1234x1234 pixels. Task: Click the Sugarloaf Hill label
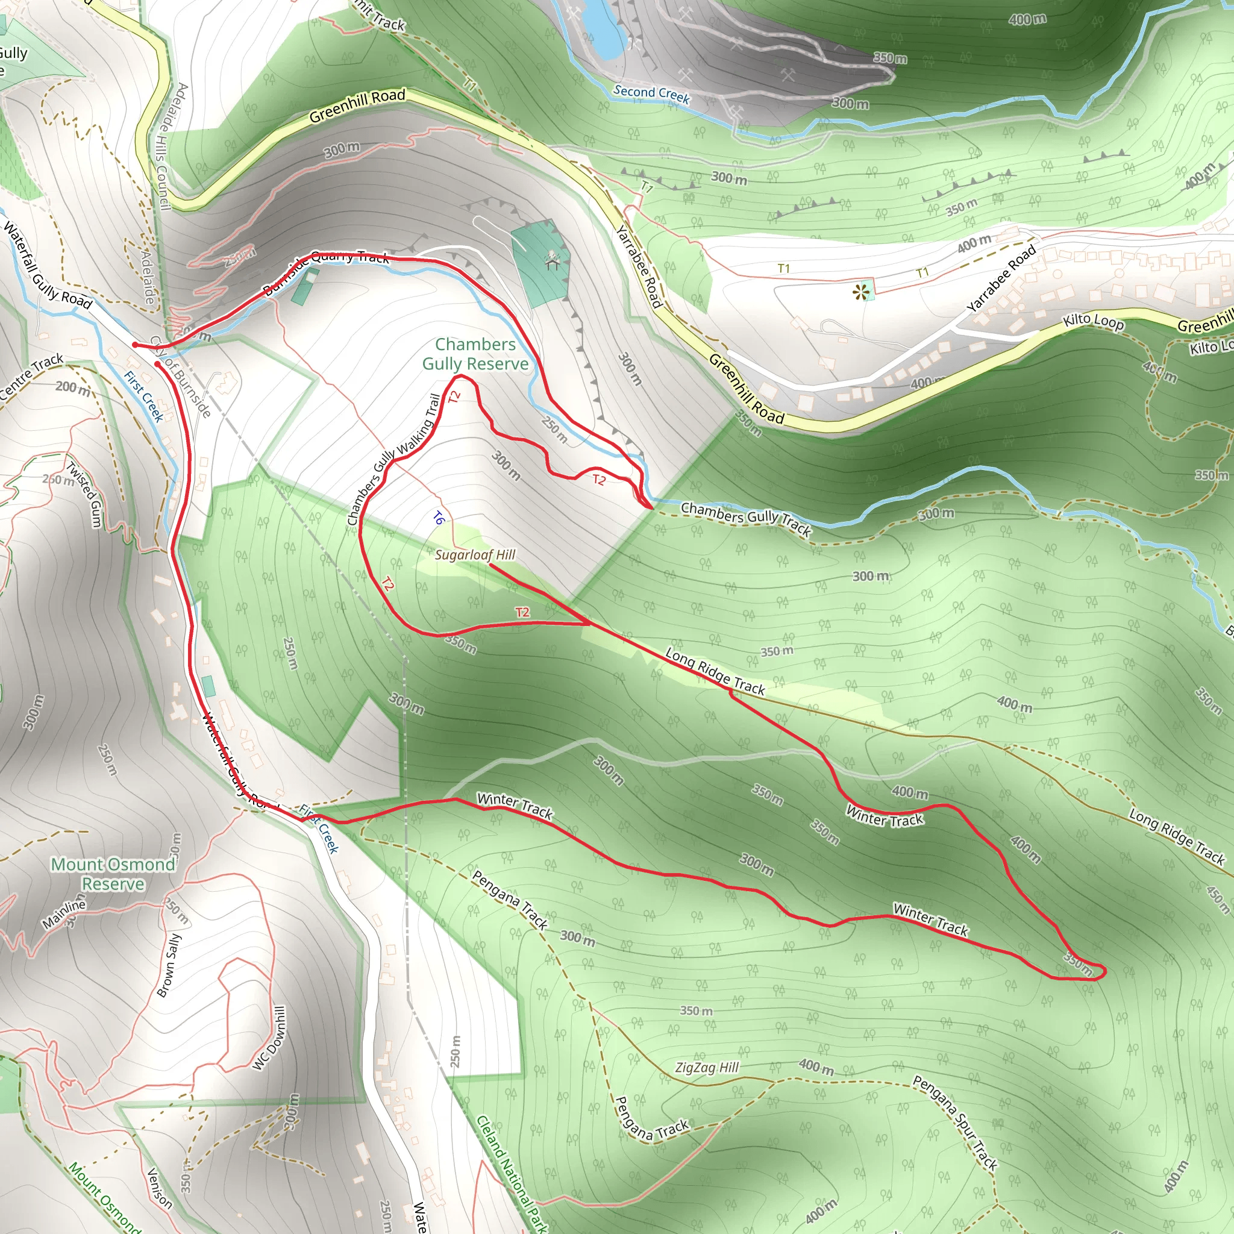point(475,554)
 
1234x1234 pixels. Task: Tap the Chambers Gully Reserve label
point(475,354)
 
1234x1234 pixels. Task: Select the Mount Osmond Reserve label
point(113,874)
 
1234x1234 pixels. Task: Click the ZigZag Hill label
point(706,1067)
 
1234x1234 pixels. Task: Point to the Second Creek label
point(651,94)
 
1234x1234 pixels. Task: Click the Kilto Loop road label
point(1093,321)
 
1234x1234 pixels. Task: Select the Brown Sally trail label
point(169,965)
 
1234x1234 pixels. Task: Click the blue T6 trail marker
point(438,518)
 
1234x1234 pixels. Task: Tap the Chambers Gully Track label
point(745,518)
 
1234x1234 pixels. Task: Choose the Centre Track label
point(31,376)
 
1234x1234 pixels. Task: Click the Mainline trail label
point(63,914)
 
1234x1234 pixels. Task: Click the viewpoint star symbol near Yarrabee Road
point(861,292)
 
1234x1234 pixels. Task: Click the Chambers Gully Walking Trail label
point(394,459)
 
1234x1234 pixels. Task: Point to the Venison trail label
point(160,1189)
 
